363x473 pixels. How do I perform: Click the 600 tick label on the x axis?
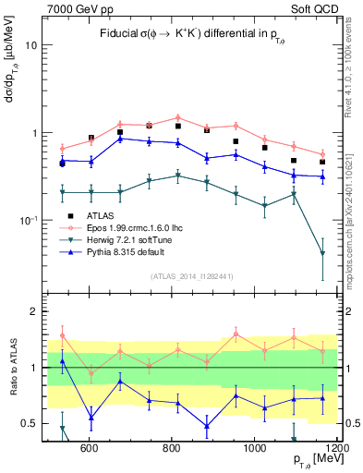coord(90,448)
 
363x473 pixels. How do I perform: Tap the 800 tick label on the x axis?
coord(173,448)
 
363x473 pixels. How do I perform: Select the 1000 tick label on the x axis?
coord(255,448)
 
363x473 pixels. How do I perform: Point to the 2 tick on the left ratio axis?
coord(33,312)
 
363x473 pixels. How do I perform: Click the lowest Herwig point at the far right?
coord(322,253)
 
